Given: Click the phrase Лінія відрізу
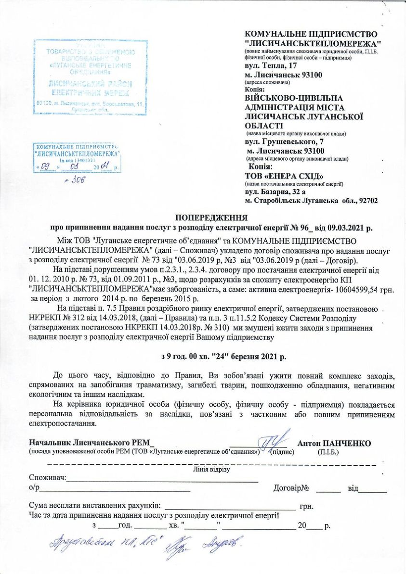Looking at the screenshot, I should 211,469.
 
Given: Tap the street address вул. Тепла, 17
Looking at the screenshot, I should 272,65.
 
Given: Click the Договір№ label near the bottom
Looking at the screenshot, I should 291,489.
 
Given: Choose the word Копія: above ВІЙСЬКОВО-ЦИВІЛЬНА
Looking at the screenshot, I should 255,89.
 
